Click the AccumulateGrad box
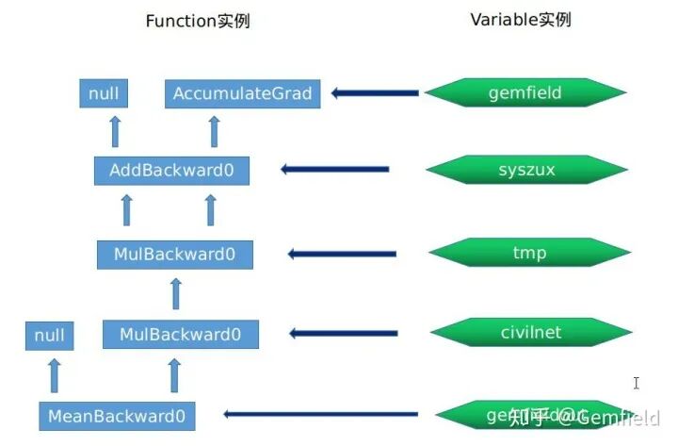pyautogui.click(x=242, y=93)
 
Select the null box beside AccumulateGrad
pyautogui.click(x=104, y=93)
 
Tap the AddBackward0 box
pyautogui.click(x=171, y=171)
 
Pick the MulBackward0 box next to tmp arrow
pyautogui.click(x=175, y=254)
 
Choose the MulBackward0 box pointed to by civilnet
pyautogui.click(x=180, y=334)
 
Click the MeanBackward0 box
pyautogui.click(x=118, y=415)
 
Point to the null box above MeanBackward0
pyautogui.click(x=49, y=335)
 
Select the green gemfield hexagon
pyautogui.click(x=525, y=92)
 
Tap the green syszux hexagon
pyautogui.click(x=526, y=170)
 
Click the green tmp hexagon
pyautogui.click(x=529, y=253)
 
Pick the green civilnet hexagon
pyautogui.click(x=529, y=332)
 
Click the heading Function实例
pyautogui.click(x=197, y=21)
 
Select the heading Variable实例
pyautogui.click(x=520, y=19)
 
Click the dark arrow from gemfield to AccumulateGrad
pyautogui.click(x=374, y=92)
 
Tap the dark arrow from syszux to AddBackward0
pyautogui.click(x=336, y=170)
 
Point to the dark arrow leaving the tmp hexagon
pyautogui.click(x=342, y=253)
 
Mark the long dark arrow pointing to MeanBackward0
pyautogui.click(x=321, y=414)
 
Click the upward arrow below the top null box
pyautogui.click(x=115, y=131)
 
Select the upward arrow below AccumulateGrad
pyautogui.click(x=213, y=131)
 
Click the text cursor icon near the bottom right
pyautogui.click(x=637, y=383)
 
